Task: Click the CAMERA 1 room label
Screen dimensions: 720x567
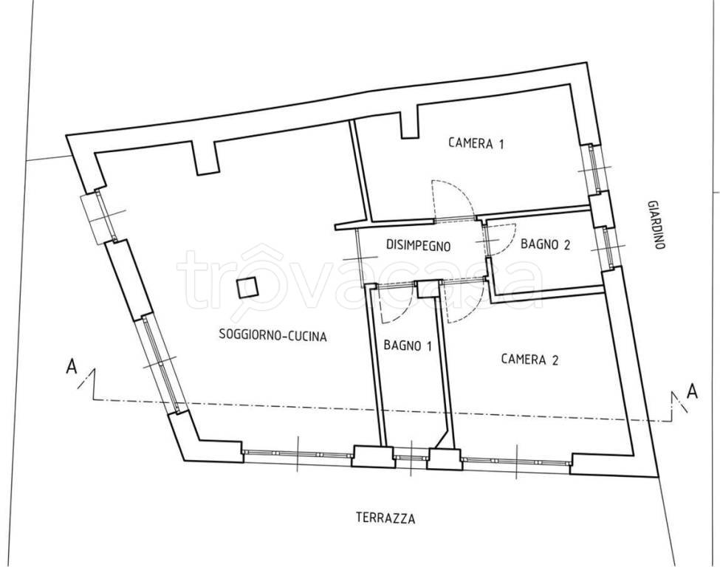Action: [476, 143]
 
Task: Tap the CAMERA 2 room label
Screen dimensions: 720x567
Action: [529, 359]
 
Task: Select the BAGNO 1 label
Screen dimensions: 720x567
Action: [408, 345]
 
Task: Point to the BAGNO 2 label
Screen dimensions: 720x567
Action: [545, 244]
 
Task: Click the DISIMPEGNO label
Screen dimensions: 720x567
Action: [418, 246]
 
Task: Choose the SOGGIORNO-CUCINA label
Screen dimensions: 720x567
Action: [272, 335]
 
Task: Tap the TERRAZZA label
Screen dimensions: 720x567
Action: [385, 518]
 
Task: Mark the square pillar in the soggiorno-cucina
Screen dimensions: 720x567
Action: [247, 289]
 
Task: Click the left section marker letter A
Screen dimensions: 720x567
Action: [71, 367]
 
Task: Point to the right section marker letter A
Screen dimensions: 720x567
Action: [693, 391]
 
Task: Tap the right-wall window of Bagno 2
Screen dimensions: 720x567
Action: [607, 248]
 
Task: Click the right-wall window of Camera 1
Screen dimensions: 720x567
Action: [592, 168]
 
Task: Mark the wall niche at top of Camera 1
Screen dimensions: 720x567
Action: [410, 122]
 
